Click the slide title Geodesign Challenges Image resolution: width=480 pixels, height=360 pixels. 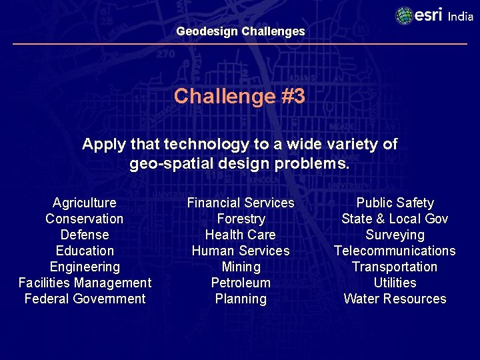pyautogui.click(x=240, y=31)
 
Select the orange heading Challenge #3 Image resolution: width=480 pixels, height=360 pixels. pyautogui.click(x=239, y=97)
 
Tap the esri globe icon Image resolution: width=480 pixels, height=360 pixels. pyautogui.click(x=404, y=15)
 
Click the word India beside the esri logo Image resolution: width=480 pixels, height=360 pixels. pyautogui.click(x=461, y=17)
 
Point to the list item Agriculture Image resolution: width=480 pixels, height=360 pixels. pyautogui.click(x=85, y=203)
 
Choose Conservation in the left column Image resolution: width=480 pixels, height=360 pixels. pyautogui.click(x=85, y=219)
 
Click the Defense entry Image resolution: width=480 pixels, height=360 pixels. pyautogui.click(x=85, y=235)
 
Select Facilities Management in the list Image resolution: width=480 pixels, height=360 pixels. pyautogui.click(x=85, y=283)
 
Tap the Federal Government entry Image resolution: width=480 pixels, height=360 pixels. pyautogui.click(x=85, y=299)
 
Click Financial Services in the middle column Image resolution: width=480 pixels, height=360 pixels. pyautogui.click(x=241, y=203)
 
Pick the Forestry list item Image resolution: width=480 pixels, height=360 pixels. pyautogui.click(x=241, y=219)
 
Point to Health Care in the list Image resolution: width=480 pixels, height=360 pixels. pyautogui.click(x=241, y=235)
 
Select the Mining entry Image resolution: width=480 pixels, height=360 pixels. pyautogui.click(x=241, y=267)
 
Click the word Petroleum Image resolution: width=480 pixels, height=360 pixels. pyautogui.click(x=241, y=283)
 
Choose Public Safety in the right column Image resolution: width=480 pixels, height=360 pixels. pyautogui.click(x=395, y=203)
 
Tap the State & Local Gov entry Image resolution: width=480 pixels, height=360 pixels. pyautogui.click(x=395, y=219)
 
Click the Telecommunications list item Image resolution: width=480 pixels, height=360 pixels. pyautogui.click(x=395, y=251)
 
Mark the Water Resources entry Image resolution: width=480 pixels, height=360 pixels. pyautogui.click(x=395, y=299)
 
